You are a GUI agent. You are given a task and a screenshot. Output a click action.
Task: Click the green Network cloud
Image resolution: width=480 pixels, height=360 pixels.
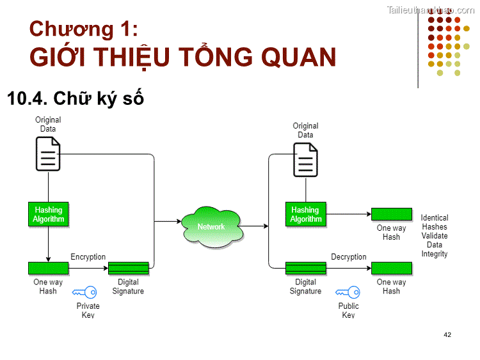(x=212, y=226)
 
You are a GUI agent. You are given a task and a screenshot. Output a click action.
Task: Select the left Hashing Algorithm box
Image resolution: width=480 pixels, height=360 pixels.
(x=49, y=214)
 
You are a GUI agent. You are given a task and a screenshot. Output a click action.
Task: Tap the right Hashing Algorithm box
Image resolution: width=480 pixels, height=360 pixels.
(x=305, y=214)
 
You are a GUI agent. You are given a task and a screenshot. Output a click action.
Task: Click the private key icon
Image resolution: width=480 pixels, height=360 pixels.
(x=85, y=292)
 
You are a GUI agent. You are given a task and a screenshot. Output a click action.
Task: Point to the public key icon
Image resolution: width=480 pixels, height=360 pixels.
(x=349, y=292)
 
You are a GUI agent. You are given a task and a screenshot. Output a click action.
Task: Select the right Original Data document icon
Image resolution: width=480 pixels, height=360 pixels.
(x=306, y=160)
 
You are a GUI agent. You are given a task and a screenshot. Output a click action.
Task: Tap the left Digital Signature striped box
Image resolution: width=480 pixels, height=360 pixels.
(x=128, y=268)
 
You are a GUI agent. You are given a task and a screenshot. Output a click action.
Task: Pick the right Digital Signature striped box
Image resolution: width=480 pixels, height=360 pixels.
(x=306, y=268)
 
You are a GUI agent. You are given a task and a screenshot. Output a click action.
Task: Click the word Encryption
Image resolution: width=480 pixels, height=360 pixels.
(x=88, y=257)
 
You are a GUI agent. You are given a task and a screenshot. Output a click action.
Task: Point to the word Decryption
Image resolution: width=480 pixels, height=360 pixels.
(x=349, y=257)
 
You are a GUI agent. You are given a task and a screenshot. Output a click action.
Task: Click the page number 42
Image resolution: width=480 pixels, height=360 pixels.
(x=447, y=334)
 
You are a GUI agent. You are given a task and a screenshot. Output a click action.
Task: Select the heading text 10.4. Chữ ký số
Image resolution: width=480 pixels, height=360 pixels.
(x=75, y=98)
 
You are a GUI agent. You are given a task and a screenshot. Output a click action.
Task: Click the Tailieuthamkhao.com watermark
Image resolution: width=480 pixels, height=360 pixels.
(x=431, y=10)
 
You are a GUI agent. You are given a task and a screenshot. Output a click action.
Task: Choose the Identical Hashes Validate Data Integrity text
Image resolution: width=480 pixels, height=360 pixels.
(x=435, y=236)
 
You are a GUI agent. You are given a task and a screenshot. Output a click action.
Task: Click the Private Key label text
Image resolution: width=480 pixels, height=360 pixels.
(x=88, y=310)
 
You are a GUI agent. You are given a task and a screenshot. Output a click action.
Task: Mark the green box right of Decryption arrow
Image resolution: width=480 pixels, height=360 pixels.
(x=391, y=268)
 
